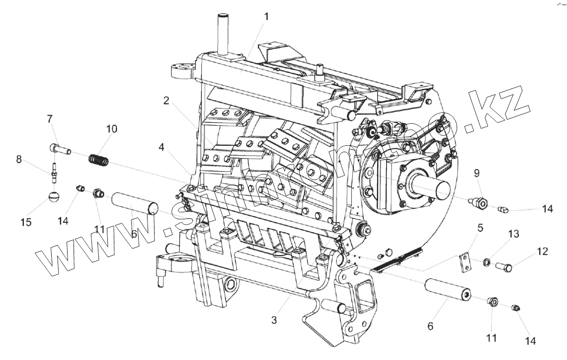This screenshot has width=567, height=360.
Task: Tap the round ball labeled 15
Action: pyautogui.click(x=55, y=197)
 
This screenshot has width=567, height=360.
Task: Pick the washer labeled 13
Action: pyautogui.click(x=486, y=262)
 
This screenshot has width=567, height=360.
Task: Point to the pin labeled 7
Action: pyautogui.click(x=61, y=148)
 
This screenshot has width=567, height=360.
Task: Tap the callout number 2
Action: pyautogui.click(x=166, y=100)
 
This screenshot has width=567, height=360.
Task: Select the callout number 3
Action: pyautogui.click(x=274, y=320)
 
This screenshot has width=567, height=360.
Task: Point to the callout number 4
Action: pyautogui.click(x=162, y=147)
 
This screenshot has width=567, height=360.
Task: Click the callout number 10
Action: pyautogui.click(x=111, y=129)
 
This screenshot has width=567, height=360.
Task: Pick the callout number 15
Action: pyautogui.click(x=26, y=222)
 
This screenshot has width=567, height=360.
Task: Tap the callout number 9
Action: pyautogui.click(x=476, y=174)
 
